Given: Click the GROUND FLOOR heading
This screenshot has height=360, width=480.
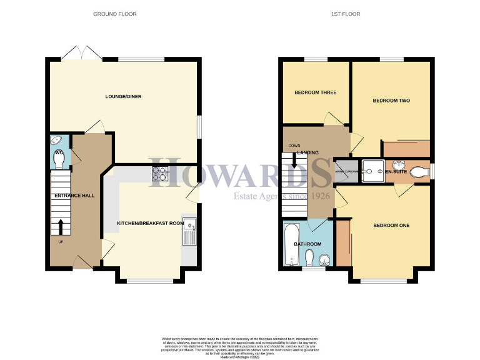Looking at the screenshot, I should (115, 14).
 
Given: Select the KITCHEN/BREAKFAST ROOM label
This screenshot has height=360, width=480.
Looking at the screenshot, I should (151, 223).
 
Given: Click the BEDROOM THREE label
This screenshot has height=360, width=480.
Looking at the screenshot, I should (316, 92).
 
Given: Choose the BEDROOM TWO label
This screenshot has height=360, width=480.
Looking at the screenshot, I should (391, 101).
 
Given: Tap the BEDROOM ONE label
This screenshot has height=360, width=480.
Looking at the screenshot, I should (391, 225).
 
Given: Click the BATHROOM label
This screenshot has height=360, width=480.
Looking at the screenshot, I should (308, 244).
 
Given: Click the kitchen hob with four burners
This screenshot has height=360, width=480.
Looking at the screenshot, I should (158, 173).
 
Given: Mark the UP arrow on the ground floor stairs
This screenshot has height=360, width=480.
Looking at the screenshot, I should (61, 227).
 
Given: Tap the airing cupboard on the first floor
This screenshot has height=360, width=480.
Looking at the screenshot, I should (345, 170).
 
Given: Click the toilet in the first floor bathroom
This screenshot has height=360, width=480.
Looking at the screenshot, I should (310, 256).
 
